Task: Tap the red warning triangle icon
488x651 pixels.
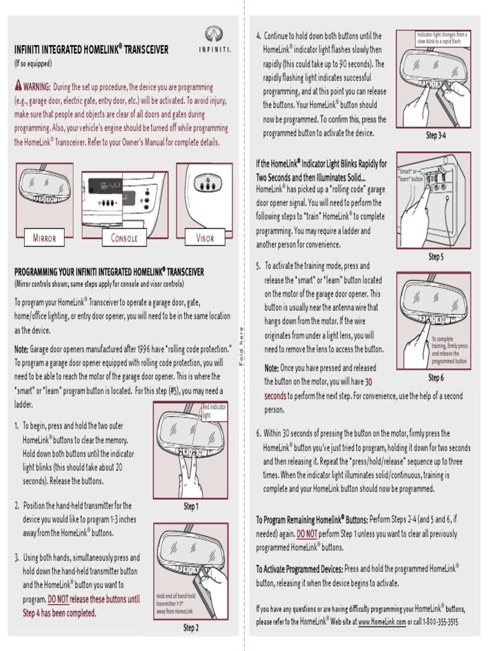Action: tap(18, 86)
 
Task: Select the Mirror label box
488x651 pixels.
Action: tap(44, 238)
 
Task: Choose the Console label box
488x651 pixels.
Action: tap(124, 238)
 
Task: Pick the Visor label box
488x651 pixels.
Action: tap(205, 238)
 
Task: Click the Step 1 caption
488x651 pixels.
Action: tap(191, 506)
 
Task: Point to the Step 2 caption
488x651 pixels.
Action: tap(191, 627)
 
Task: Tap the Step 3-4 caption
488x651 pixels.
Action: tap(435, 135)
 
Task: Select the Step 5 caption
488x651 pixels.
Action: tap(435, 257)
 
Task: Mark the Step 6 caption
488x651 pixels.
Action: tap(435, 378)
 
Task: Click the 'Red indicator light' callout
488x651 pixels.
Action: tap(213, 411)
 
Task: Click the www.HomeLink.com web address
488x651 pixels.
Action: tap(382, 621)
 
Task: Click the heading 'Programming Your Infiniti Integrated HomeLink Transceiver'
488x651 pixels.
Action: tap(109, 272)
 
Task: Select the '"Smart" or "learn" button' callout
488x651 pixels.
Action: tap(410, 175)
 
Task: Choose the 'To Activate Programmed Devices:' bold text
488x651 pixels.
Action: tap(299, 569)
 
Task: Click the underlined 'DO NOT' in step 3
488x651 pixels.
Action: tap(61, 599)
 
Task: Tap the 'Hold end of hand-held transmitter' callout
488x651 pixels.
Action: tap(175, 603)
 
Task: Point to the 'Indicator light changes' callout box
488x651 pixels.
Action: tap(442, 37)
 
